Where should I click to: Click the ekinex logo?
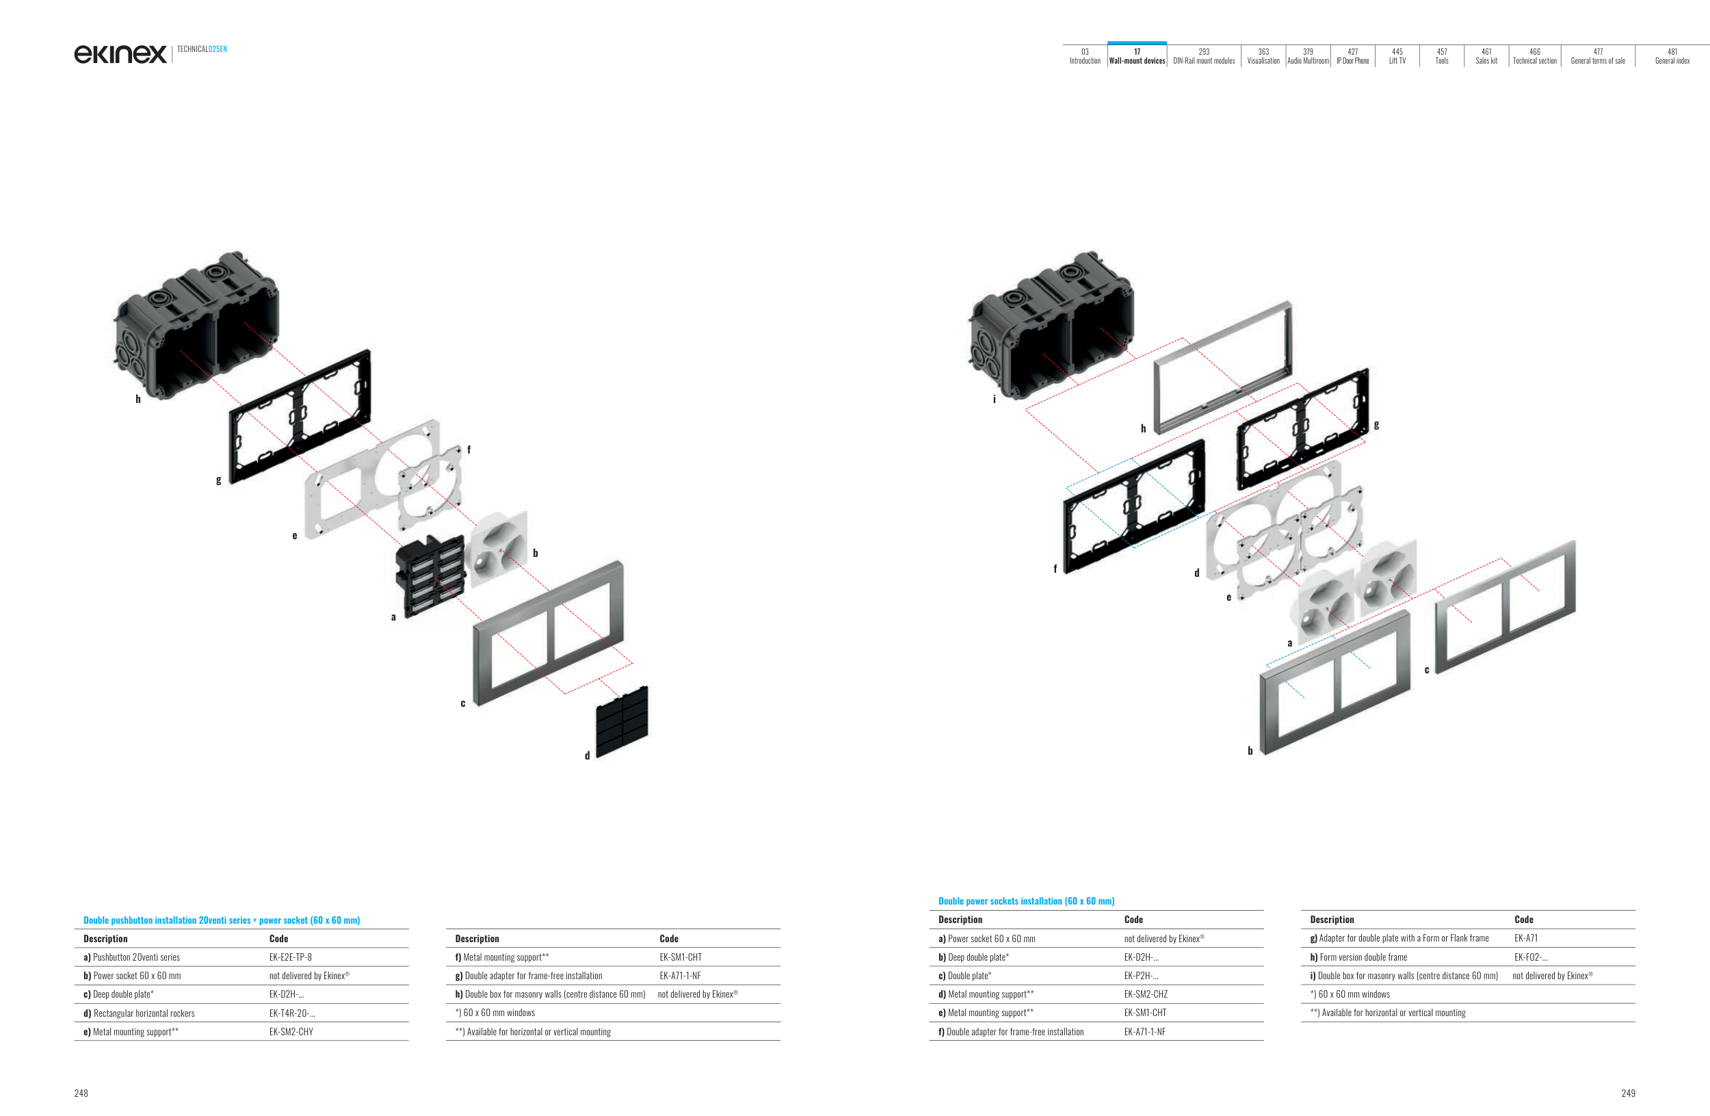point(120,54)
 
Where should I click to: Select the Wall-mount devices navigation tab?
point(1137,56)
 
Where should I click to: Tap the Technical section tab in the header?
point(1535,56)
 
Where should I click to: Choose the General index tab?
point(1672,56)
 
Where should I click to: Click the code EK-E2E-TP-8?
point(290,957)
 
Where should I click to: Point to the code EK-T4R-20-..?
point(291,1013)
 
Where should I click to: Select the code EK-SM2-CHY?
point(291,1032)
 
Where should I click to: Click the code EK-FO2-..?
point(1530,957)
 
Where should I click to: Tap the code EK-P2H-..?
point(1141,976)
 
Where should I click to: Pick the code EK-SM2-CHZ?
point(1145,995)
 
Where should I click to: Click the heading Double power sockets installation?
point(1026,901)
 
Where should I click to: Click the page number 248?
point(81,1093)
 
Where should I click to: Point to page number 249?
point(1628,1093)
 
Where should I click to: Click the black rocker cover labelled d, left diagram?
point(622,721)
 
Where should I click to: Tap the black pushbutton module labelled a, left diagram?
point(430,575)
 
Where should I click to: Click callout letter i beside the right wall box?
point(995,400)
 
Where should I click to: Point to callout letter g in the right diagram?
point(1376,424)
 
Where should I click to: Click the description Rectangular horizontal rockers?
point(144,1013)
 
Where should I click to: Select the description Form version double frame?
point(1363,957)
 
